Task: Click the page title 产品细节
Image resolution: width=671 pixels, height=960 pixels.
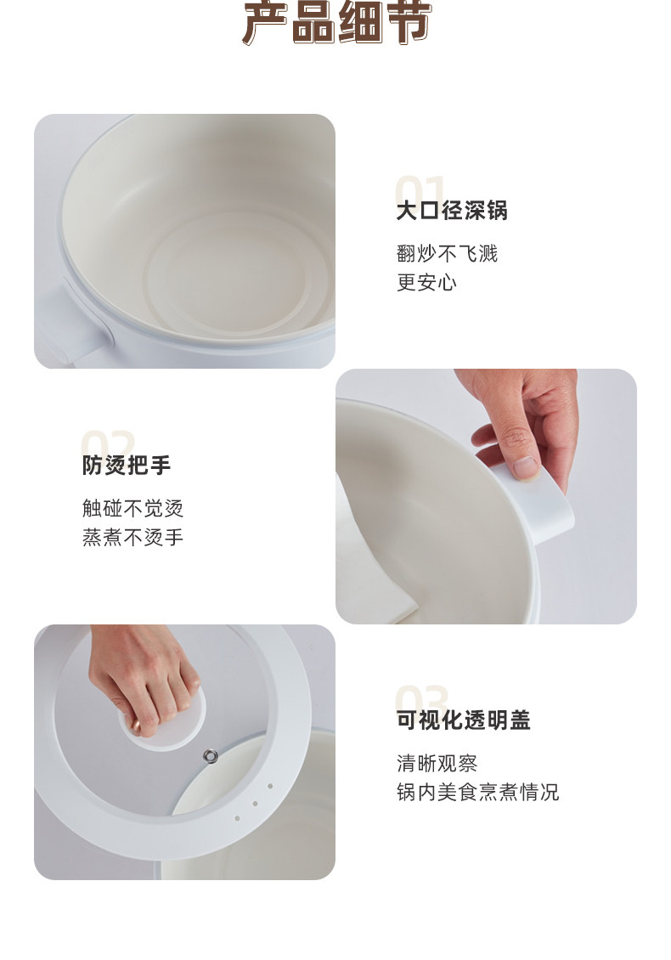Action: click(x=336, y=23)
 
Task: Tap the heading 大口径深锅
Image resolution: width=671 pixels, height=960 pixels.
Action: click(x=452, y=210)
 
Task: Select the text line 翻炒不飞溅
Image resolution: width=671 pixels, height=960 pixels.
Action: click(x=447, y=253)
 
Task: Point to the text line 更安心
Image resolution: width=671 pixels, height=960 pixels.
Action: click(x=426, y=282)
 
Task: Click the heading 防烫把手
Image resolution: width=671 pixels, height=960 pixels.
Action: click(x=127, y=465)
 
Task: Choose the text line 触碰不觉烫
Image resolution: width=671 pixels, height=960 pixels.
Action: click(x=133, y=507)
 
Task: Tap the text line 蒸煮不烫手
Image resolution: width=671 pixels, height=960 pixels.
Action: click(x=133, y=537)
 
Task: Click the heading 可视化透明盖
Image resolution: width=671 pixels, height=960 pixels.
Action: click(x=464, y=720)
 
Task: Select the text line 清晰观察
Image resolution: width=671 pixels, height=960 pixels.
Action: click(x=437, y=763)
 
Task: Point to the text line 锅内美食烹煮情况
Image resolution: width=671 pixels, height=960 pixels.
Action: click(x=477, y=792)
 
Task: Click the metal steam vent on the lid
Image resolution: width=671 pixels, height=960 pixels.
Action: click(x=211, y=756)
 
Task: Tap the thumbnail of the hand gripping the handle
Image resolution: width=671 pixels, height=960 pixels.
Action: click(x=486, y=496)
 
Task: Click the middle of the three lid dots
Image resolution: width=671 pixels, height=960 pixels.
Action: click(x=255, y=804)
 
